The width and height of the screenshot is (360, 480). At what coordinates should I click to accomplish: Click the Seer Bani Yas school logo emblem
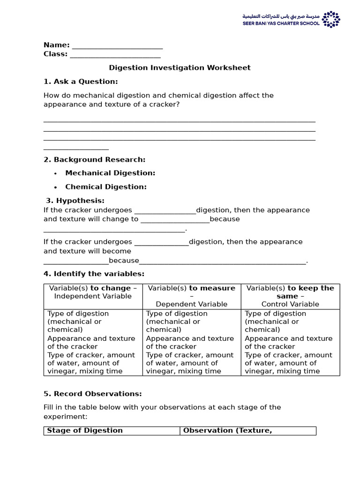[331, 19]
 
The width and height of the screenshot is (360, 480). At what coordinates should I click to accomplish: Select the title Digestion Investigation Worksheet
[180, 68]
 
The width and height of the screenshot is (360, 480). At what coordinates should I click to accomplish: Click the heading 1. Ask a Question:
[81, 82]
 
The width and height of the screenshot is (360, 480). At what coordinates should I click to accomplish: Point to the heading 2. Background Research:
[94, 160]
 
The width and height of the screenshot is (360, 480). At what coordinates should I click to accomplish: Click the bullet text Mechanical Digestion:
[110, 173]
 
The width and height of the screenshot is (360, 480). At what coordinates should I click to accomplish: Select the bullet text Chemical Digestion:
[106, 187]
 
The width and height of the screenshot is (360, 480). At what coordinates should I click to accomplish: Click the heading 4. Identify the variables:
[94, 274]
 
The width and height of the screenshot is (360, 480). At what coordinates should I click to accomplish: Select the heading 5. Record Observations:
[92, 394]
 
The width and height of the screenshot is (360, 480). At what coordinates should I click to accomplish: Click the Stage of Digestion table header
[85, 430]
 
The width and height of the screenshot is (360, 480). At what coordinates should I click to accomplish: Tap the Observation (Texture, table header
[227, 430]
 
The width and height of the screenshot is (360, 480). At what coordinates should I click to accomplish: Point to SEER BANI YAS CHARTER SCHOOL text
[281, 23]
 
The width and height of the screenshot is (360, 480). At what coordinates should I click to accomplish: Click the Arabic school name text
[281, 16]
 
